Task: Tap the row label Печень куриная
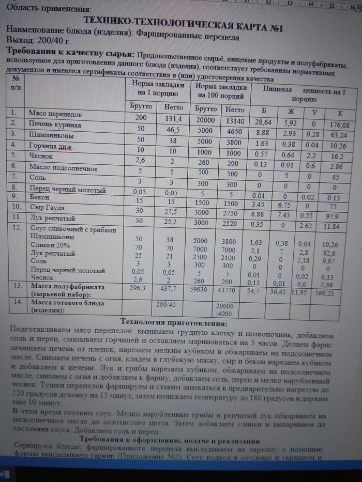click(x=55, y=125)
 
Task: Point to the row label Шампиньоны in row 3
click(x=51, y=135)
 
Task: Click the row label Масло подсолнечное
click(x=63, y=167)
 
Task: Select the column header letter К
click(x=340, y=113)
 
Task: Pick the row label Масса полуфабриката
click(x=67, y=286)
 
